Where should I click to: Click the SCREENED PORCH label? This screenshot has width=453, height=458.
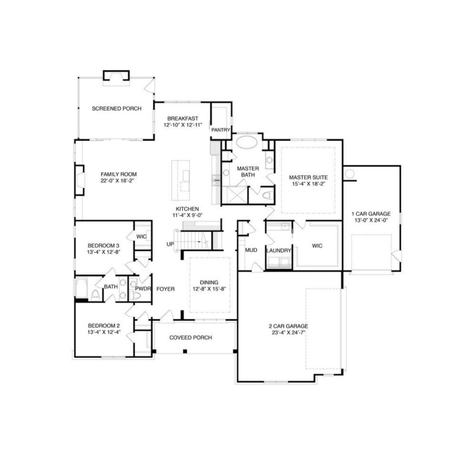117,108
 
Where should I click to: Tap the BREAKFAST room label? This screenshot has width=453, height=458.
182,119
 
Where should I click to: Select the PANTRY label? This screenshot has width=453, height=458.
221,130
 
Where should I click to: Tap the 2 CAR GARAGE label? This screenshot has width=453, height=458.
289,326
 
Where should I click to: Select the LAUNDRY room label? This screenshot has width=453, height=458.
278,250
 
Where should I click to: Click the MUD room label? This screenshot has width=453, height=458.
251,250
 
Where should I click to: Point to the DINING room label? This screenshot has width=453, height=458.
209,282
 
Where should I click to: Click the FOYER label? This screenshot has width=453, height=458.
165,289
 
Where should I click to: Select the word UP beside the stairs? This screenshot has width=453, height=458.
170,244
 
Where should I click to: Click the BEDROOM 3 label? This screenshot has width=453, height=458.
103,244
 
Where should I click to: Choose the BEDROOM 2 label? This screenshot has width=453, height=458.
103,326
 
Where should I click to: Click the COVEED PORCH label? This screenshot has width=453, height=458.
190,337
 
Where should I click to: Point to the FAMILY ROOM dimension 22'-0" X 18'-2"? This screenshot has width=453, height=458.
118,181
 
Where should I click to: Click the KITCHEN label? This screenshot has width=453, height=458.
187,209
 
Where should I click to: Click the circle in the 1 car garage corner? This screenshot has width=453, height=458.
350,174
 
